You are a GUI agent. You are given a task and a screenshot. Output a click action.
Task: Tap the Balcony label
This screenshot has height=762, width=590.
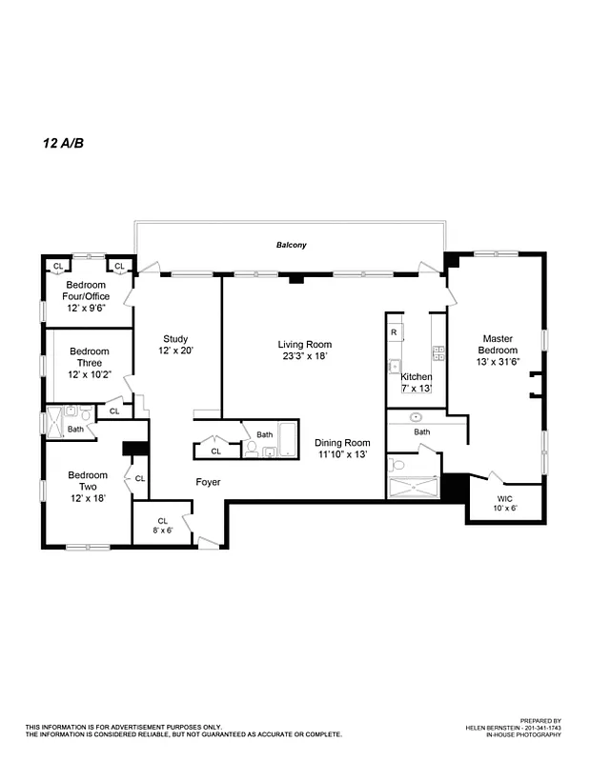point(292,245)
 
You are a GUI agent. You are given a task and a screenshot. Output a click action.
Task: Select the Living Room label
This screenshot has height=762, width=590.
point(304,344)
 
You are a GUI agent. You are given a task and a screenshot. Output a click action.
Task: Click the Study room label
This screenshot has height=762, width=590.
point(174,338)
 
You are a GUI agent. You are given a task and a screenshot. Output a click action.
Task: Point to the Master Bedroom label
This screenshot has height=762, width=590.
point(498,344)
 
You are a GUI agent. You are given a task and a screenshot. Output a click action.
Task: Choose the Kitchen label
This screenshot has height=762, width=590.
point(416,376)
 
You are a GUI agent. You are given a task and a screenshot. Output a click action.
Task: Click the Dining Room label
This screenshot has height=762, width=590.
point(342,442)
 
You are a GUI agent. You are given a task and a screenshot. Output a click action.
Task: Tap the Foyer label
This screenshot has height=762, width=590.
point(208,482)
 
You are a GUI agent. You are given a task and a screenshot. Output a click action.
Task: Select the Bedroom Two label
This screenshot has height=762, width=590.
point(88,481)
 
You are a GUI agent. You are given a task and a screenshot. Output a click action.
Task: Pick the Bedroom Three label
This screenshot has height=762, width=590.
point(89,357)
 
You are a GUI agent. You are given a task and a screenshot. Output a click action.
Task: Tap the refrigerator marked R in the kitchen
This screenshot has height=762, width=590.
point(394,331)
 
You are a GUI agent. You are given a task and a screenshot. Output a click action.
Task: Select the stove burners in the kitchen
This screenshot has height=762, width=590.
point(438,351)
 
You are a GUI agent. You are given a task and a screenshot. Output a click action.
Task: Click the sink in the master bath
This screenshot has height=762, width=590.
point(416,417)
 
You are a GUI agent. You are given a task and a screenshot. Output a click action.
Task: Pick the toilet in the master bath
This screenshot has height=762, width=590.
point(396,466)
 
